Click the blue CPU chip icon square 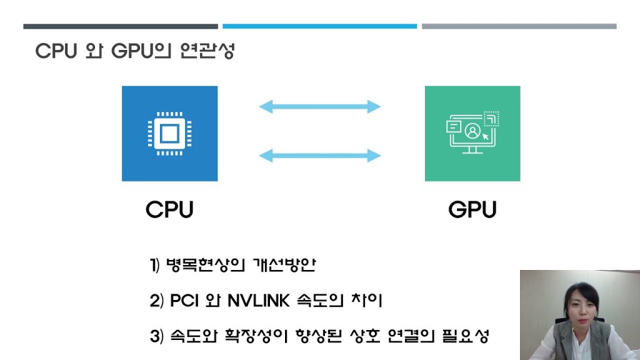(x=169, y=133)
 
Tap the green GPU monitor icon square (x=472, y=133)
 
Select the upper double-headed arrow (x=319, y=106)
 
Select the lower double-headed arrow (x=319, y=155)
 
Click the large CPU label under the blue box (x=169, y=209)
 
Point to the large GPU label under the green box (x=472, y=209)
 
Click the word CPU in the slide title (x=55, y=51)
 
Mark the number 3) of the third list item (x=156, y=336)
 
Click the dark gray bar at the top (x=121, y=26)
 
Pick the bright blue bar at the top (x=319, y=26)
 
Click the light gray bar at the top (x=519, y=26)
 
